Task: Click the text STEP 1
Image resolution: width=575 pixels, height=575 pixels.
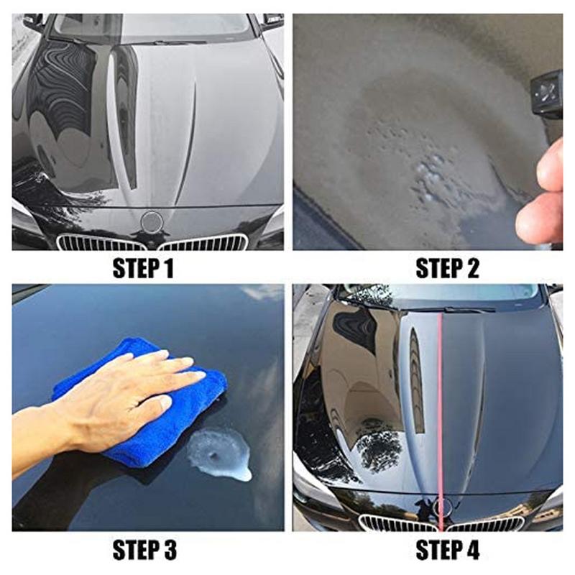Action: (x=143, y=269)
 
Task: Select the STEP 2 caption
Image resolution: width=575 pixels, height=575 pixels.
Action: (x=447, y=269)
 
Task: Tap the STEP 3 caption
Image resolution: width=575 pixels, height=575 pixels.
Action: (x=143, y=551)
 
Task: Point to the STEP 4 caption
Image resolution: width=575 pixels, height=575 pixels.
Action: (x=447, y=551)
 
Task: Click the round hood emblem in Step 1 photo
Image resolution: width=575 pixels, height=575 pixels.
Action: (x=152, y=221)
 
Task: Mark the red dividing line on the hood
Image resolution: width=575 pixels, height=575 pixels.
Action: (x=438, y=402)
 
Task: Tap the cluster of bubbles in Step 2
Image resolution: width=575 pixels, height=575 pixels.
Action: (x=431, y=172)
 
